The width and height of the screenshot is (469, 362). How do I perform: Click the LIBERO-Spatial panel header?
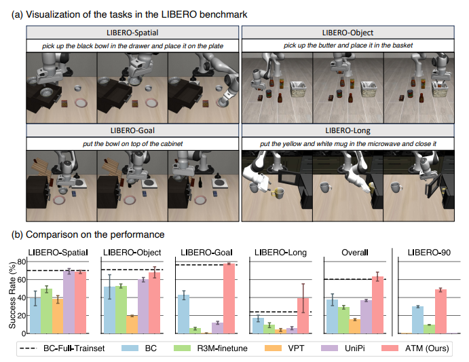(x=132, y=33)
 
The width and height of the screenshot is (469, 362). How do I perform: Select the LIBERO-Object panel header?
(x=348, y=33)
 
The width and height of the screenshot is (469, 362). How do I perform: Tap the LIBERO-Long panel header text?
(x=348, y=130)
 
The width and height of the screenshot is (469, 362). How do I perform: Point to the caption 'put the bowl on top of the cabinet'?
(x=132, y=144)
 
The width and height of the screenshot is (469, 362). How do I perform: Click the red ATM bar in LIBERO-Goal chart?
(x=229, y=298)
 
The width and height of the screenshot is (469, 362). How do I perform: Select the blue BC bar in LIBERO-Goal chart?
(x=184, y=314)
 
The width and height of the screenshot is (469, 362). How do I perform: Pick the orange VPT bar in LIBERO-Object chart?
(x=132, y=324)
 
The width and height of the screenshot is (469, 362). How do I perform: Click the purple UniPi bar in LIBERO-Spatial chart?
(x=69, y=302)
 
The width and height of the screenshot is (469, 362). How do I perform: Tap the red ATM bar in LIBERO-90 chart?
(x=440, y=311)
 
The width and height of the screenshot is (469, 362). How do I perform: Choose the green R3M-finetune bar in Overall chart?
(x=343, y=320)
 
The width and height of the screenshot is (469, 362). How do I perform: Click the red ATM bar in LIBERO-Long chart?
(x=303, y=316)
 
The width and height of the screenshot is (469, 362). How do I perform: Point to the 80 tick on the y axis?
(x=22, y=261)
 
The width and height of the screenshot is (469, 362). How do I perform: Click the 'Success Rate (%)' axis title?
(x=12, y=295)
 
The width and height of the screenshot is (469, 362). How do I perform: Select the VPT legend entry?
(x=284, y=348)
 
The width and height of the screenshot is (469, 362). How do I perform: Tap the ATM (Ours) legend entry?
(x=415, y=348)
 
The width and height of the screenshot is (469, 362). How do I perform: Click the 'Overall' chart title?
(x=355, y=253)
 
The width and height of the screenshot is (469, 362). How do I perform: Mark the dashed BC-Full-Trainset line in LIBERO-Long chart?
(x=280, y=312)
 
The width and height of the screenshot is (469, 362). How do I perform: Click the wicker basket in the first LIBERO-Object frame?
(x=298, y=89)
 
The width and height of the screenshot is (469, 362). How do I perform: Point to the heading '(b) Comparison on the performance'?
(x=88, y=234)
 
